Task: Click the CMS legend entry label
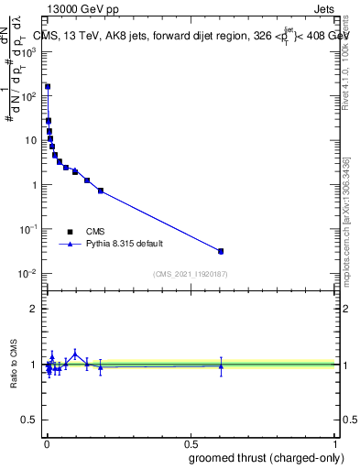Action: coord(95,232)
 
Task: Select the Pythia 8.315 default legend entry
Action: coord(123,245)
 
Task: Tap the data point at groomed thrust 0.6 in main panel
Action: coord(221,251)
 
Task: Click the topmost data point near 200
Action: coord(47,87)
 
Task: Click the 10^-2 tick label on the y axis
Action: coord(27,274)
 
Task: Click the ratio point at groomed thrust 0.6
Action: coord(221,366)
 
